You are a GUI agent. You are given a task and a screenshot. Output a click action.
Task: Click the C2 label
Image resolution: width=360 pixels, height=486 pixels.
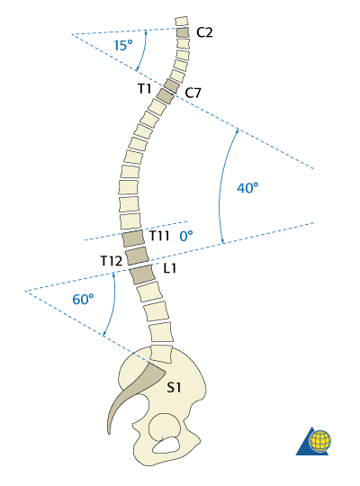pos(204,32)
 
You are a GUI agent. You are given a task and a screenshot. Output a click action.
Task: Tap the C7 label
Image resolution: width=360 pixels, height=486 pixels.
pos(193,93)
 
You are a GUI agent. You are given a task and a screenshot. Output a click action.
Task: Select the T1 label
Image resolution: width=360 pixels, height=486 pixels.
pos(145,88)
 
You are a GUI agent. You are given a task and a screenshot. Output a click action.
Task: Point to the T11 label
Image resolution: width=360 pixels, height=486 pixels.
pos(159,236)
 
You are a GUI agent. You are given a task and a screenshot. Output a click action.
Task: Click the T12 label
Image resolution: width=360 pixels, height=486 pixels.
pos(112,261)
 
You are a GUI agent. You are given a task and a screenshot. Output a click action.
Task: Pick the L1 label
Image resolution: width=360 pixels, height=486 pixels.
pos(170,268)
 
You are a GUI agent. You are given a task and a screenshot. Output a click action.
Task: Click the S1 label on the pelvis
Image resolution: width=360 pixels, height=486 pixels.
pos(174,387)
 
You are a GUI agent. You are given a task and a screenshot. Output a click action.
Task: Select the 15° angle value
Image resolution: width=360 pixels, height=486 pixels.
pos(123,45)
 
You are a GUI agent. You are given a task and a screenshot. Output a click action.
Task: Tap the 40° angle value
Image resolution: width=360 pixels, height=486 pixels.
pos(247,188)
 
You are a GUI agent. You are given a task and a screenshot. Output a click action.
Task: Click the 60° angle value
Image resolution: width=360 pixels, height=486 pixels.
pos(83,300)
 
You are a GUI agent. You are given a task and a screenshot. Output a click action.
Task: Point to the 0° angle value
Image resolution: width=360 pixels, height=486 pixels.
pos(186,236)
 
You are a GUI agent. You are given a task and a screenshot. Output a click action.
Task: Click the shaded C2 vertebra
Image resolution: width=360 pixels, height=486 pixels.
pos(183,32)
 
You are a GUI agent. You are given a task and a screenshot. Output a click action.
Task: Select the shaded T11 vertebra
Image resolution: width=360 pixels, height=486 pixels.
pos(133,238)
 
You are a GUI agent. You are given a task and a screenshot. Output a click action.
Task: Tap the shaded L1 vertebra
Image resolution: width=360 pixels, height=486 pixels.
pos(142,274)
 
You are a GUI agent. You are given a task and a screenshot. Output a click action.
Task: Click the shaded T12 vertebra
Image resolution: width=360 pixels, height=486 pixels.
pos(137,256)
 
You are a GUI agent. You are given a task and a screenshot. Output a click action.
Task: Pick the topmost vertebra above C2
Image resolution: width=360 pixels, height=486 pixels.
pos(182,21)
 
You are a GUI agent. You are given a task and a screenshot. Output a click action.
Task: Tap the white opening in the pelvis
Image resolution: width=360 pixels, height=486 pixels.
pos(166,445)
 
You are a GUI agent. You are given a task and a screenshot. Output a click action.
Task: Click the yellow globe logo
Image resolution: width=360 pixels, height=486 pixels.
pos(319,440)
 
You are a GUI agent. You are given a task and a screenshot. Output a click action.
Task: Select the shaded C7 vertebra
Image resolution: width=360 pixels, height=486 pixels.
pos(172,85)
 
